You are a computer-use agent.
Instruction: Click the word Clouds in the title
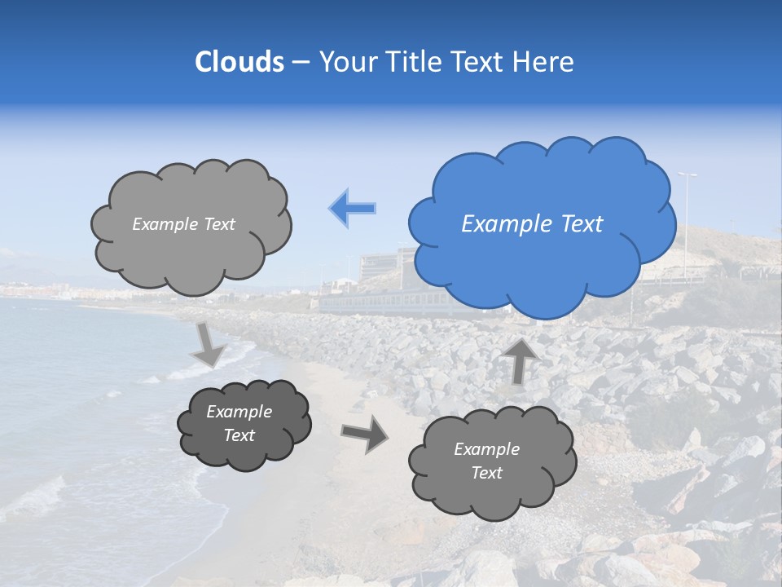239,62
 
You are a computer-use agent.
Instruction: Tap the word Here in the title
545,62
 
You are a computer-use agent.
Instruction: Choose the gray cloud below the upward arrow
491,464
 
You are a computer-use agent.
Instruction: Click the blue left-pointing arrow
353,209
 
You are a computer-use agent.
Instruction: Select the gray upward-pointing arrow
520,360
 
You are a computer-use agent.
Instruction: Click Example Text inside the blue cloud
532,224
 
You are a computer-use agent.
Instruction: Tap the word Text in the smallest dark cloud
239,435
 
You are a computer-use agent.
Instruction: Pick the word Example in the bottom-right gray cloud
486,449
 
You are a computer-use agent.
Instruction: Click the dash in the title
301,63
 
